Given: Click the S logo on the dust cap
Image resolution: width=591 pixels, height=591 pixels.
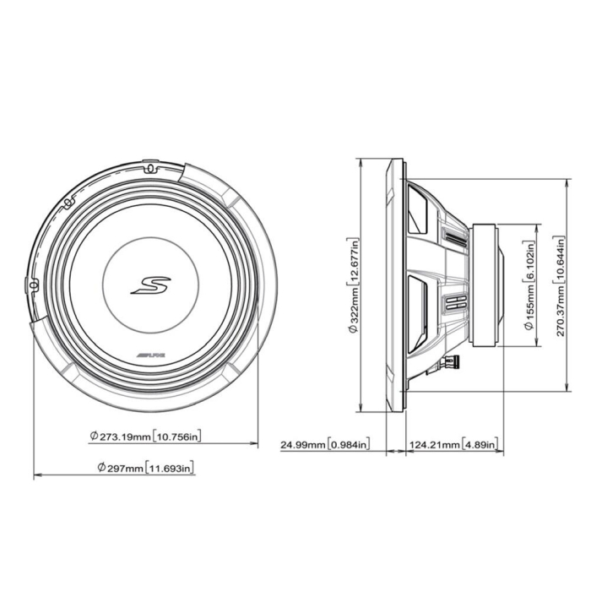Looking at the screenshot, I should [150, 284].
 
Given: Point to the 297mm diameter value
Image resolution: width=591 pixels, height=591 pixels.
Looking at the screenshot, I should [122, 468].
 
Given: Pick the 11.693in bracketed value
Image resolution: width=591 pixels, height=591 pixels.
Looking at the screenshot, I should [170, 468].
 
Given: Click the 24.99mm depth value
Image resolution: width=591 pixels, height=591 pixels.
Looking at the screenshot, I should [303, 444].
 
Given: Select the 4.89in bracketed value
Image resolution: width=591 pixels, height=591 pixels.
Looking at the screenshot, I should [480, 444].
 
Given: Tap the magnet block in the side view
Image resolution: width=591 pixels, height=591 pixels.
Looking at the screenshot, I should [486, 285].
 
